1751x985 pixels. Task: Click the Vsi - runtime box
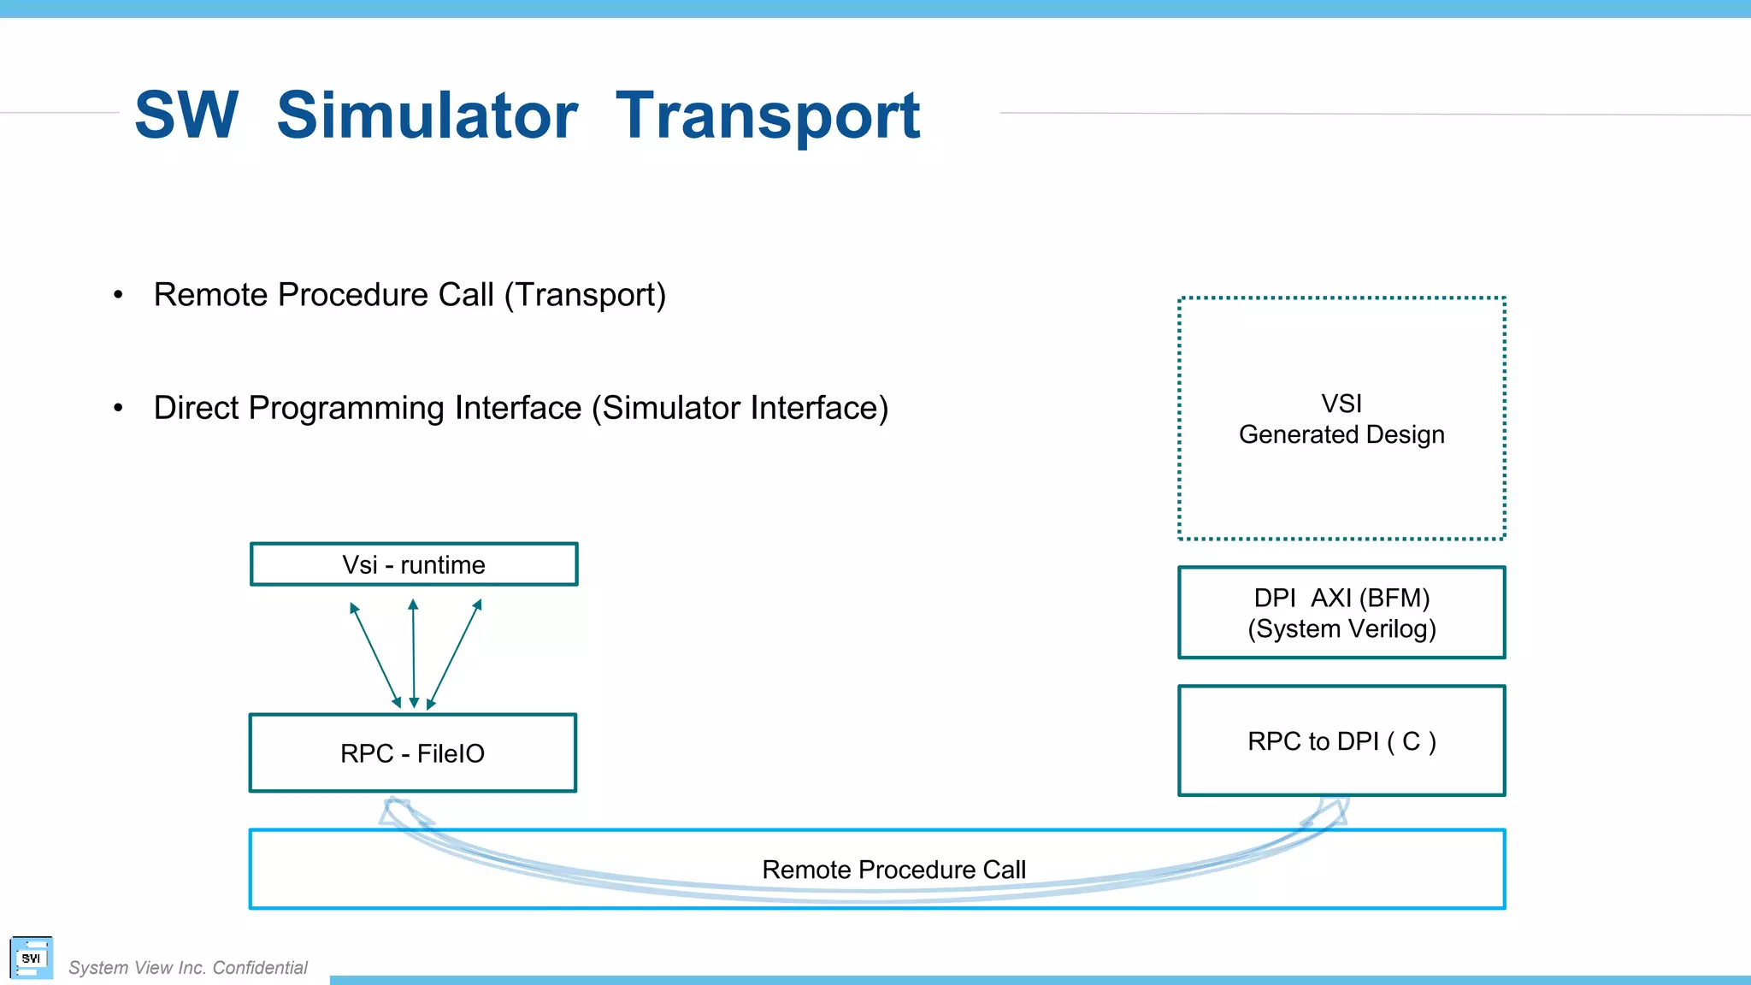coord(414,564)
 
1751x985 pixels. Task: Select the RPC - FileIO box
coord(413,753)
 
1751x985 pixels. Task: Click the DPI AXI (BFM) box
coord(1341,612)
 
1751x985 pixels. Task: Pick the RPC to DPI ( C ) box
coord(1341,740)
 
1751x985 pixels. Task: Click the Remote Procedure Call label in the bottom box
coord(893,870)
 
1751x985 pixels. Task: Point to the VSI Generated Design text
coord(1341,419)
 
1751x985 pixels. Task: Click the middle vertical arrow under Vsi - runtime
coord(414,654)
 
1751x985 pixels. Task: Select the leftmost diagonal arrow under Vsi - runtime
coord(375,655)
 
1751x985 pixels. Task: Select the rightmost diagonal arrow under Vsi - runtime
coord(454,655)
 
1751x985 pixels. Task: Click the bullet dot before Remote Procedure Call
coord(118,295)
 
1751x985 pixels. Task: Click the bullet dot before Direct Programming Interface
coord(118,409)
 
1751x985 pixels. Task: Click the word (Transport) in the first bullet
coord(585,295)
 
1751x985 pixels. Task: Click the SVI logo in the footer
coord(32,958)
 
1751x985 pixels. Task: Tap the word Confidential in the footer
coord(260,968)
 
